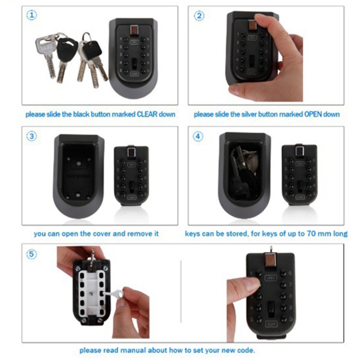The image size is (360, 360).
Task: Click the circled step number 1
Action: [31, 15]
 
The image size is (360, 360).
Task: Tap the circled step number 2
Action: [199, 15]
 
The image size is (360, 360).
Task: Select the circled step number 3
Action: [31, 136]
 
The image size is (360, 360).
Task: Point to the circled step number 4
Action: [198, 136]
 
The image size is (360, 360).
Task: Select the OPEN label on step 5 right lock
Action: [271, 278]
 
